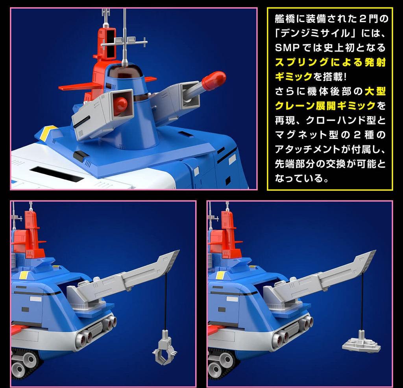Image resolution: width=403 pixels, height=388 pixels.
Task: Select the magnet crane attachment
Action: coord(361,342)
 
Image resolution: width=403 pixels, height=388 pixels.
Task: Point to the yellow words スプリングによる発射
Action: coord(331,63)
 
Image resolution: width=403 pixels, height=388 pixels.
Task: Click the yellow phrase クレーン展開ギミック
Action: coord(325,105)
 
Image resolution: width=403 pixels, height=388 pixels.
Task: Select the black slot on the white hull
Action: coord(57,174)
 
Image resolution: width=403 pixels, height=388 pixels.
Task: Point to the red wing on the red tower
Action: coord(77,86)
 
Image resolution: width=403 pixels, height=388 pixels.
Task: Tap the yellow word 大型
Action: coord(375,91)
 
